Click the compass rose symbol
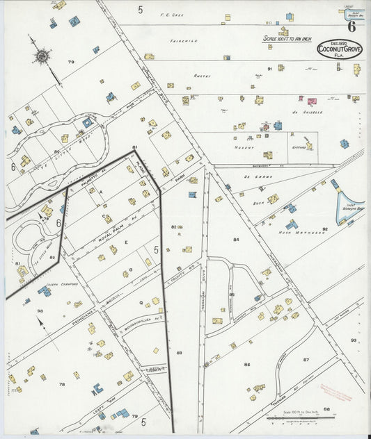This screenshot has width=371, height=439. (42, 55)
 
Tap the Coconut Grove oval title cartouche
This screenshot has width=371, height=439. (340, 49)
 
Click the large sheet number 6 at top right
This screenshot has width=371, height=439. (353, 27)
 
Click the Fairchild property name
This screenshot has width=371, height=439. (184, 41)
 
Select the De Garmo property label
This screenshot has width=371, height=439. (260, 176)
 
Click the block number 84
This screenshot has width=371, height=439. (236, 239)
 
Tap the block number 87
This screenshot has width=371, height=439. (306, 359)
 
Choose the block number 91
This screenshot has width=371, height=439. (269, 69)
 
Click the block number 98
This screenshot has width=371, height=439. (40, 310)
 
